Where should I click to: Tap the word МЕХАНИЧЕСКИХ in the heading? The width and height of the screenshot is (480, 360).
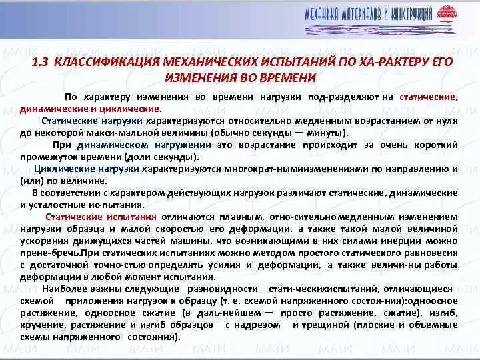[x=195, y=62]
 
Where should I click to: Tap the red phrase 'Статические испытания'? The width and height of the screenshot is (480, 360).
[x=101, y=217]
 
